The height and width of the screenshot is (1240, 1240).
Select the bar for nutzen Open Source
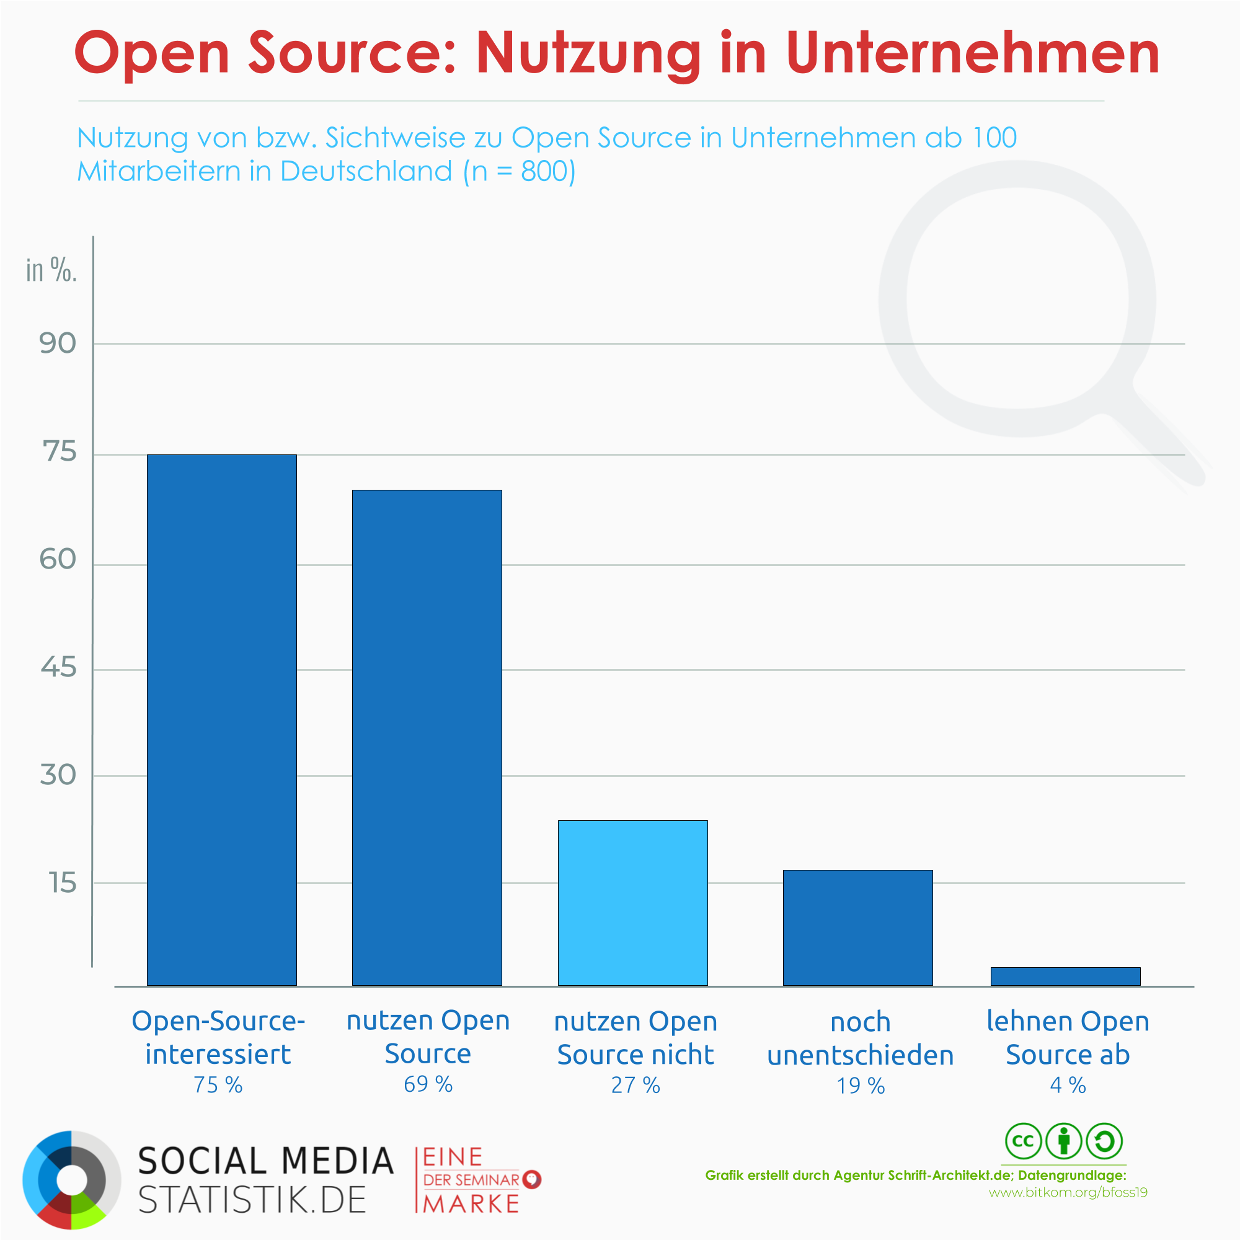pyautogui.click(x=427, y=738)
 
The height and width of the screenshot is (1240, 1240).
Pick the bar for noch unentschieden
pyautogui.click(x=857, y=928)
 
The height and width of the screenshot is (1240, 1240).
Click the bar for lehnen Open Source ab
pyautogui.click(x=1065, y=976)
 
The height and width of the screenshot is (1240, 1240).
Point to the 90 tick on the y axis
pyautogui.click(x=58, y=343)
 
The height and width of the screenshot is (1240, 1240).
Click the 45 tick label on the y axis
pyautogui.click(x=58, y=668)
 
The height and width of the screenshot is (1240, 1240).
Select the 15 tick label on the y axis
pyautogui.click(x=62, y=883)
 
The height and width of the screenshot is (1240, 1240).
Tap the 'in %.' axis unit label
pyautogui.click(x=51, y=270)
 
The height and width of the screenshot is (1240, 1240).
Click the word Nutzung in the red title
pyautogui.click(x=588, y=54)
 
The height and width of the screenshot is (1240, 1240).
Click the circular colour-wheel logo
pyautogui.click(x=72, y=1180)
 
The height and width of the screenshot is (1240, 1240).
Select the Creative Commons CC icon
pyautogui.click(x=1023, y=1141)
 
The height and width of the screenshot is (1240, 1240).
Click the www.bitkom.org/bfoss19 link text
pyautogui.click(x=1068, y=1192)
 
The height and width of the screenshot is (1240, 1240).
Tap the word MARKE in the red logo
pyautogui.click(x=471, y=1204)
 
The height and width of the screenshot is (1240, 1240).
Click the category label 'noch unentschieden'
pyautogui.click(x=860, y=1038)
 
